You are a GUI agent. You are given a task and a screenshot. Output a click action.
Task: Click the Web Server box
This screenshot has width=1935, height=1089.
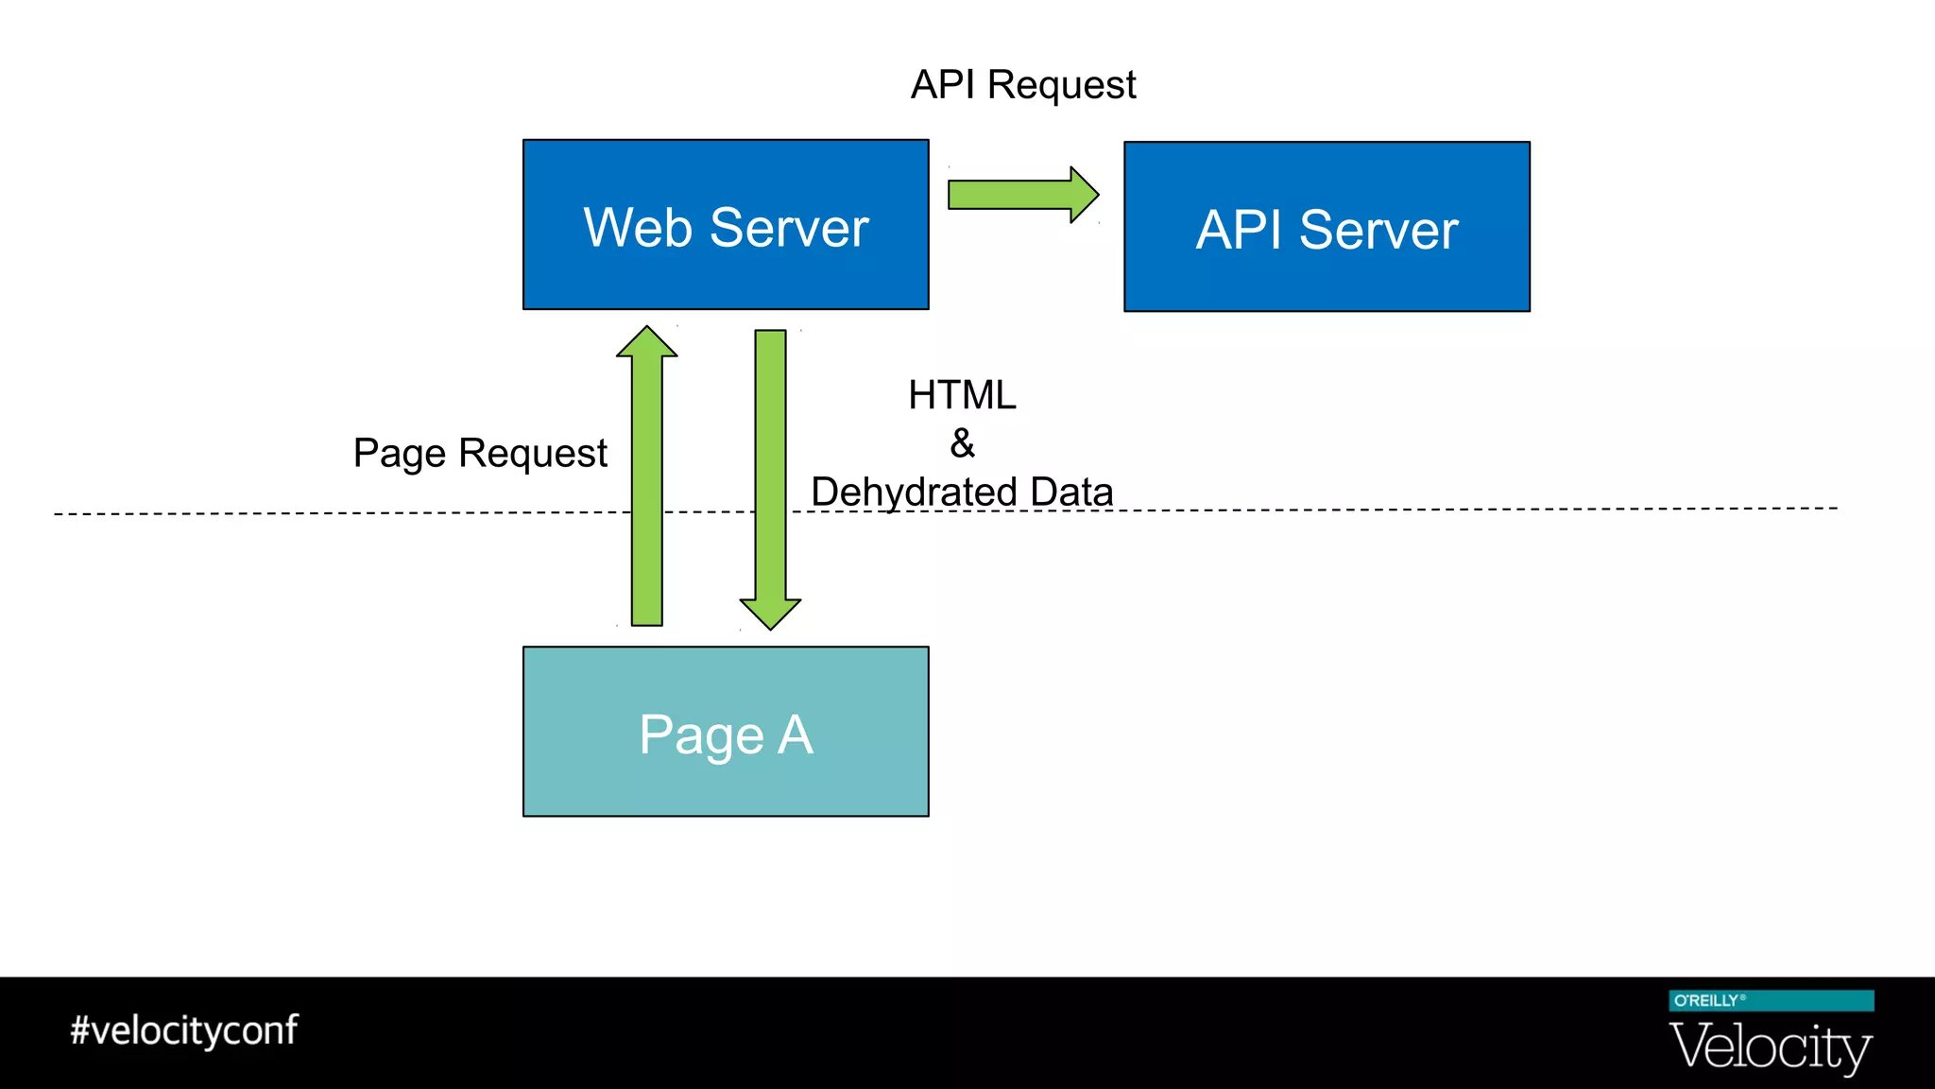click(726, 224)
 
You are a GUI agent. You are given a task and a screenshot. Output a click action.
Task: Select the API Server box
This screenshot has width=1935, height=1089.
click(1327, 227)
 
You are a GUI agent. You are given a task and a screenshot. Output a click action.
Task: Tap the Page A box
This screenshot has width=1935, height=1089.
click(726, 732)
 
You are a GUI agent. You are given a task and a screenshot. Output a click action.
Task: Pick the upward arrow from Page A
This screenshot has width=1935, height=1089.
click(647, 492)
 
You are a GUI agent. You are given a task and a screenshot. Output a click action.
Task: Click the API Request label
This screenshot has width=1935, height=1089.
click(1022, 85)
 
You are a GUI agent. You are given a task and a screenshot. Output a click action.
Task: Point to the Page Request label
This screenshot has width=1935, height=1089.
click(480, 454)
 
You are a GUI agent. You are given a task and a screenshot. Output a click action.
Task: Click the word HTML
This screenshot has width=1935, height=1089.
click(962, 395)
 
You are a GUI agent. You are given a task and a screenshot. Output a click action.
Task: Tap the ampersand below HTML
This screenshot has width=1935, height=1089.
click(962, 443)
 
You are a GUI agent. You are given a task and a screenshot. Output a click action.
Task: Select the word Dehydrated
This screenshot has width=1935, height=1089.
click(914, 493)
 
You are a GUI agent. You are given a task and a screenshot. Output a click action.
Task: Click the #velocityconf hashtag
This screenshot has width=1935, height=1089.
click(184, 1030)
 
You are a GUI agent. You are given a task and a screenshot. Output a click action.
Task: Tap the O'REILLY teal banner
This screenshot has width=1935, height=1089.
click(1771, 1000)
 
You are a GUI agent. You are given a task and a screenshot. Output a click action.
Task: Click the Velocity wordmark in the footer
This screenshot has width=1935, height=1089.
click(1771, 1047)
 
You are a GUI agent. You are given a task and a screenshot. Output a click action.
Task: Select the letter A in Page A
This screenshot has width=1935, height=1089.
click(795, 735)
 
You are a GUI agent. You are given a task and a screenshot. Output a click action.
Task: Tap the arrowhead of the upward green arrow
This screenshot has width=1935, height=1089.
click(647, 343)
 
